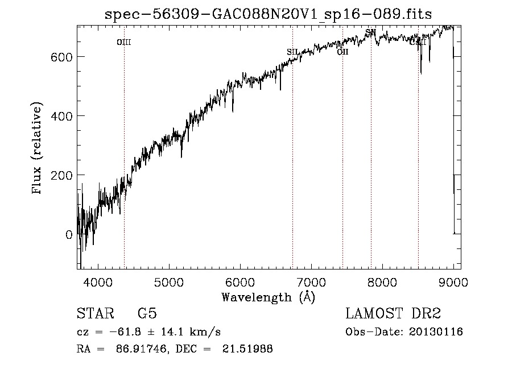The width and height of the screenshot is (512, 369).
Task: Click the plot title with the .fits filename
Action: point(269,14)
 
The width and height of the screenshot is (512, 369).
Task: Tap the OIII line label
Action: point(124,42)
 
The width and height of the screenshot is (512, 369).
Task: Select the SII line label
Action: point(292,52)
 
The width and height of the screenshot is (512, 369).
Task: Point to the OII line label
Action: point(342,52)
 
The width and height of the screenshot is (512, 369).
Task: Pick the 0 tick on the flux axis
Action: point(69,234)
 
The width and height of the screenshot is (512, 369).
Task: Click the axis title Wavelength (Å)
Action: point(268,297)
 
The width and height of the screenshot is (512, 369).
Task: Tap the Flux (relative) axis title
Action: point(38,149)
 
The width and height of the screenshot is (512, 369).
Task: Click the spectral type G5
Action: point(147,314)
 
